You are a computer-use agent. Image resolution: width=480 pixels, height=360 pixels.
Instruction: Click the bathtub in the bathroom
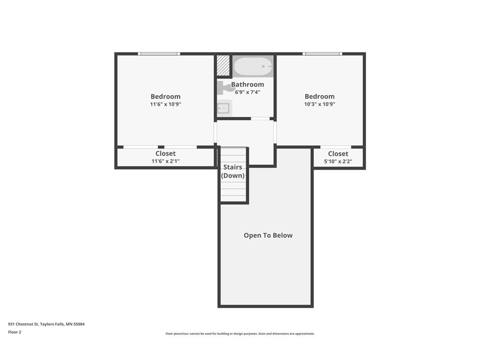[x=253, y=67]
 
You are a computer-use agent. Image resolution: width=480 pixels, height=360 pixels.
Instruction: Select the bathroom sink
[x=225, y=108]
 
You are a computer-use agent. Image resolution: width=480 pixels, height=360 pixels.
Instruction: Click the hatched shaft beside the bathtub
[x=223, y=65]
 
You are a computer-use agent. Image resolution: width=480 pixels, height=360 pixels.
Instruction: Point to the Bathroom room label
[x=247, y=84]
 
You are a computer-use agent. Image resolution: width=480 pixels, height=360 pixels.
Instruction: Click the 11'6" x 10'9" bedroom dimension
[x=165, y=104]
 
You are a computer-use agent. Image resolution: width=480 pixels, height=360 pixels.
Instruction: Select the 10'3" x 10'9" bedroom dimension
[x=320, y=104]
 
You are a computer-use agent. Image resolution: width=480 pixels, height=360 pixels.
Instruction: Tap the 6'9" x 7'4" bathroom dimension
[x=247, y=92]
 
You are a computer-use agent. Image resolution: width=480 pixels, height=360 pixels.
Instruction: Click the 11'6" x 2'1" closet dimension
[x=165, y=161]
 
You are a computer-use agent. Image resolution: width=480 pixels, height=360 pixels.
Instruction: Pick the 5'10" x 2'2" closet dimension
[x=338, y=161]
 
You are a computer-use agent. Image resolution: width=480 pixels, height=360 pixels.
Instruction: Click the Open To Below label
[x=268, y=235]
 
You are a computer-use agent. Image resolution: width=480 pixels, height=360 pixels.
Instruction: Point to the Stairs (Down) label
[x=232, y=172]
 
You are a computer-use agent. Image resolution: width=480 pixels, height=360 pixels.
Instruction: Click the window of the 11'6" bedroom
[x=159, y=54]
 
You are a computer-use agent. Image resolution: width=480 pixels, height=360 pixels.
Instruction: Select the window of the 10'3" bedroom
[x=322, y=54]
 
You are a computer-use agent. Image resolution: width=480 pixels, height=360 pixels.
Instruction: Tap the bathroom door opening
[x=260, y=119]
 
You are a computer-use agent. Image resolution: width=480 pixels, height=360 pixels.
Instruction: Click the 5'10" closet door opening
[x=336, y=147]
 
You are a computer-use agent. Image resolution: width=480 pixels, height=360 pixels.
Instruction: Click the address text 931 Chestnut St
[x=23, y=324]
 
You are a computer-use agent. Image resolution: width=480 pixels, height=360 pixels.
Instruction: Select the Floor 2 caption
[x=15, y=332]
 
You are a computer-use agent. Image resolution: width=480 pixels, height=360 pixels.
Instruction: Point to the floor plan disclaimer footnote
[x=240, y=334]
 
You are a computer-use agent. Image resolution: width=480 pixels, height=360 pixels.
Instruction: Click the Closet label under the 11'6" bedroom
[x=165, y=153]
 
